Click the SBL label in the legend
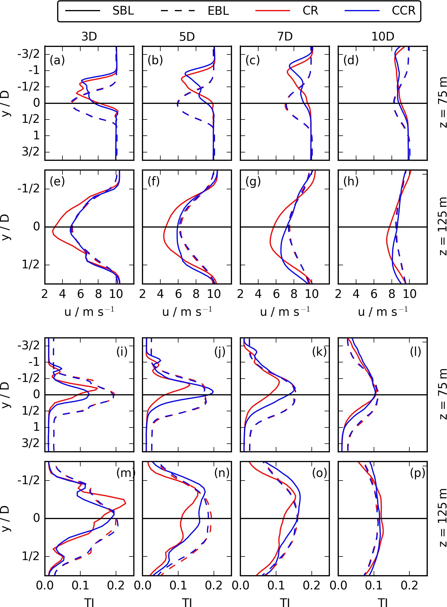pos(123,11)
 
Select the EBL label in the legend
pos(218,11)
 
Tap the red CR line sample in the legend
pos(273,11)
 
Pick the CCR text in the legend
pos(403,11)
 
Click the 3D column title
pos(89,37)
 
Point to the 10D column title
pos(383,37)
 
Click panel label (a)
pos(57,60)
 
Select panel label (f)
pos(154,181)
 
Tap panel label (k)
pos(319,352)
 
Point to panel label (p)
pos(417,473)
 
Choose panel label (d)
pos(351,60)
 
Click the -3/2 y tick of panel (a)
pos(28,54)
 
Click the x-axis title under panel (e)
pos(89,312)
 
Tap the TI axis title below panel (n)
pos(187,603)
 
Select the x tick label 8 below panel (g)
pos(294,294)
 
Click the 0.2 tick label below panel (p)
pos(409,586)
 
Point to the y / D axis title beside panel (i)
pos(6,394)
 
